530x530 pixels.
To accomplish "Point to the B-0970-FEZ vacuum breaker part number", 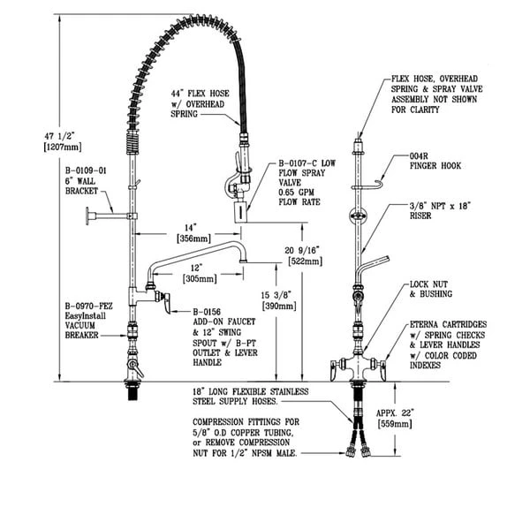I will coord(85,302).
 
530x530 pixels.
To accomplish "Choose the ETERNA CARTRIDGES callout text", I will coord(449,325).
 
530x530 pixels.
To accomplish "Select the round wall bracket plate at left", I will coord(90,216).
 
